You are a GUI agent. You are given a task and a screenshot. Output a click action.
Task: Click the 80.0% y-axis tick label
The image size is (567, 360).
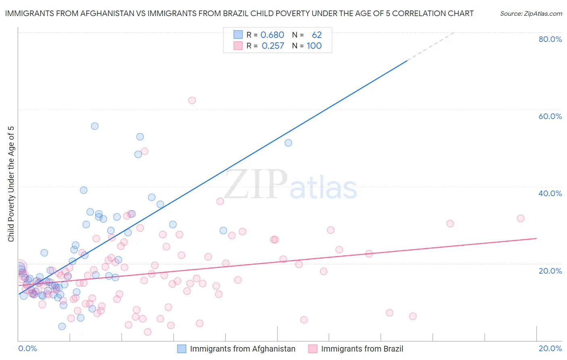(550, 39)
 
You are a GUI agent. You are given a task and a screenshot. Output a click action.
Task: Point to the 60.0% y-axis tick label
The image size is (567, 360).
(550, 116)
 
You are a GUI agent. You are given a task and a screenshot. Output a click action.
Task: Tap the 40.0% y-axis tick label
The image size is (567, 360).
(550, 193)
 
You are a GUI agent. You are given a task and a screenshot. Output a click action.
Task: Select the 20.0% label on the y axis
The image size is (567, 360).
(550, 271)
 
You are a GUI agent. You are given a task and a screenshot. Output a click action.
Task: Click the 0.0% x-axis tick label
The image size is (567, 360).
(27, 348)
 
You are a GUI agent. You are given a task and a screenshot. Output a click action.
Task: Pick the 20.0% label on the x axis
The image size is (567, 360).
(550, 348)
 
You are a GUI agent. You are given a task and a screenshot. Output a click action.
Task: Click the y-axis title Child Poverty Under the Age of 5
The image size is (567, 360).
(11, 184)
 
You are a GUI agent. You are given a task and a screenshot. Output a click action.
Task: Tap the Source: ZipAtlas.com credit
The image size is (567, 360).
(531, 14)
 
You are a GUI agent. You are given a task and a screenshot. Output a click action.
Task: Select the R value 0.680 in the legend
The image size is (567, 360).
(272, 35)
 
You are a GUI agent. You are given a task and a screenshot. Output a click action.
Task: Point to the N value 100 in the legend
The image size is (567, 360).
(314, 46)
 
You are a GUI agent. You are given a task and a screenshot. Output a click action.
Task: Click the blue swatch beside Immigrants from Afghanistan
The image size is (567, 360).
(182, 349)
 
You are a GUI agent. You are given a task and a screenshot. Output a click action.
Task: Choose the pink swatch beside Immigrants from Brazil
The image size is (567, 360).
(313, 349)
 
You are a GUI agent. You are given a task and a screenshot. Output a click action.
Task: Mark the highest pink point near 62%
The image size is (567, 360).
(192, 100)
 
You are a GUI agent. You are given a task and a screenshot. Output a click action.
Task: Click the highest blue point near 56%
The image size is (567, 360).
(95, 126)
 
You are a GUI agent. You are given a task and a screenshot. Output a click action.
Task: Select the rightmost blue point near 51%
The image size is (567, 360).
(288, 143)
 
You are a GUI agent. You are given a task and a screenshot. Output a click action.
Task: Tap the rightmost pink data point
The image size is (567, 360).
(521, 218)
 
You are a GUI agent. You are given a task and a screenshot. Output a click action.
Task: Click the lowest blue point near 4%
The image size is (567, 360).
(62, 326)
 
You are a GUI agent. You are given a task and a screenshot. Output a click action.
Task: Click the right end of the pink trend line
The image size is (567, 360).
(536, 238)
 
